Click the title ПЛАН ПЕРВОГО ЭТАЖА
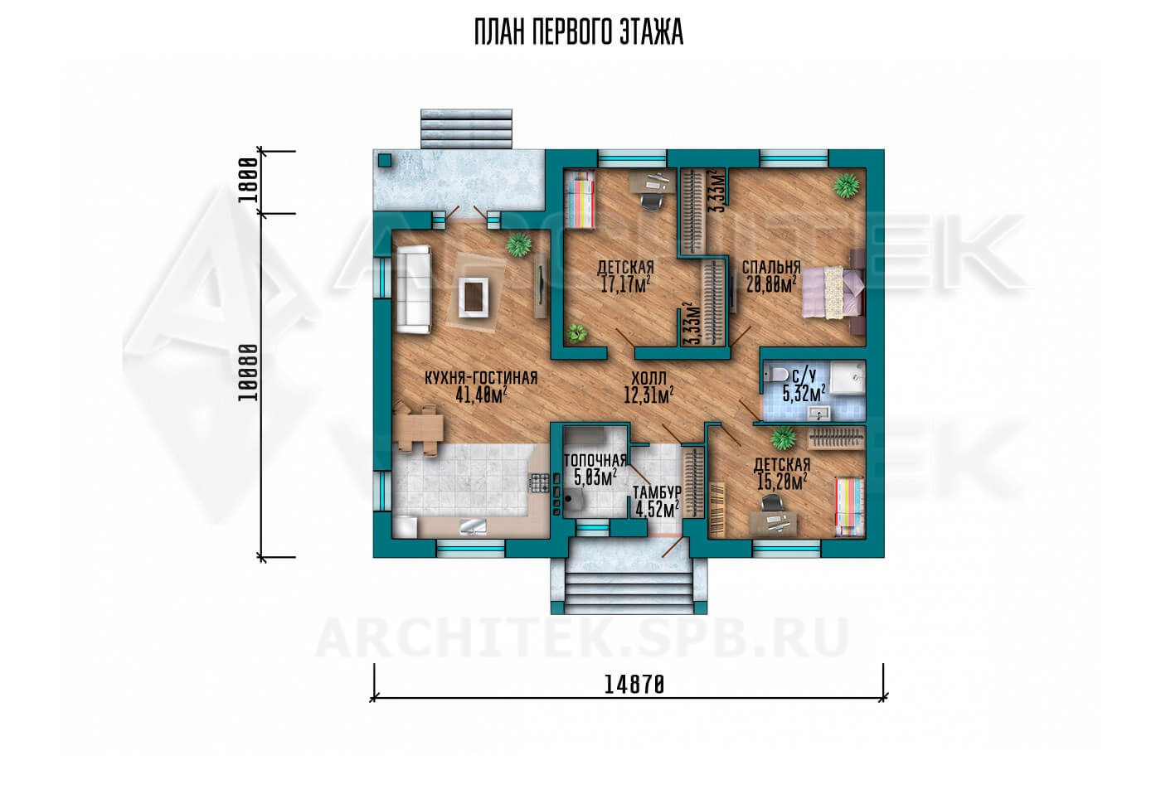(579, 32)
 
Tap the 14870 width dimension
(634, 685)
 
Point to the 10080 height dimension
(248, 372)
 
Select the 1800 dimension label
(248, 180)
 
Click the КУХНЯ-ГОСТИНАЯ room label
(481, 378)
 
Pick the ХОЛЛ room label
(649, 378)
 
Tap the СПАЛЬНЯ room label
(771, 267)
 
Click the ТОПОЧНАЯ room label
(595, 460)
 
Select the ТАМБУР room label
(657, 492)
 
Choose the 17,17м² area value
(625, 284)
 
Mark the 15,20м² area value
(782, 482)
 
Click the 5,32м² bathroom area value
(804, 393)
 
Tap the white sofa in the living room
(414, 289)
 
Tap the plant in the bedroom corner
(847, 186)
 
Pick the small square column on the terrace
(385, 160)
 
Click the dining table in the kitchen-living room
(419, 429)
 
